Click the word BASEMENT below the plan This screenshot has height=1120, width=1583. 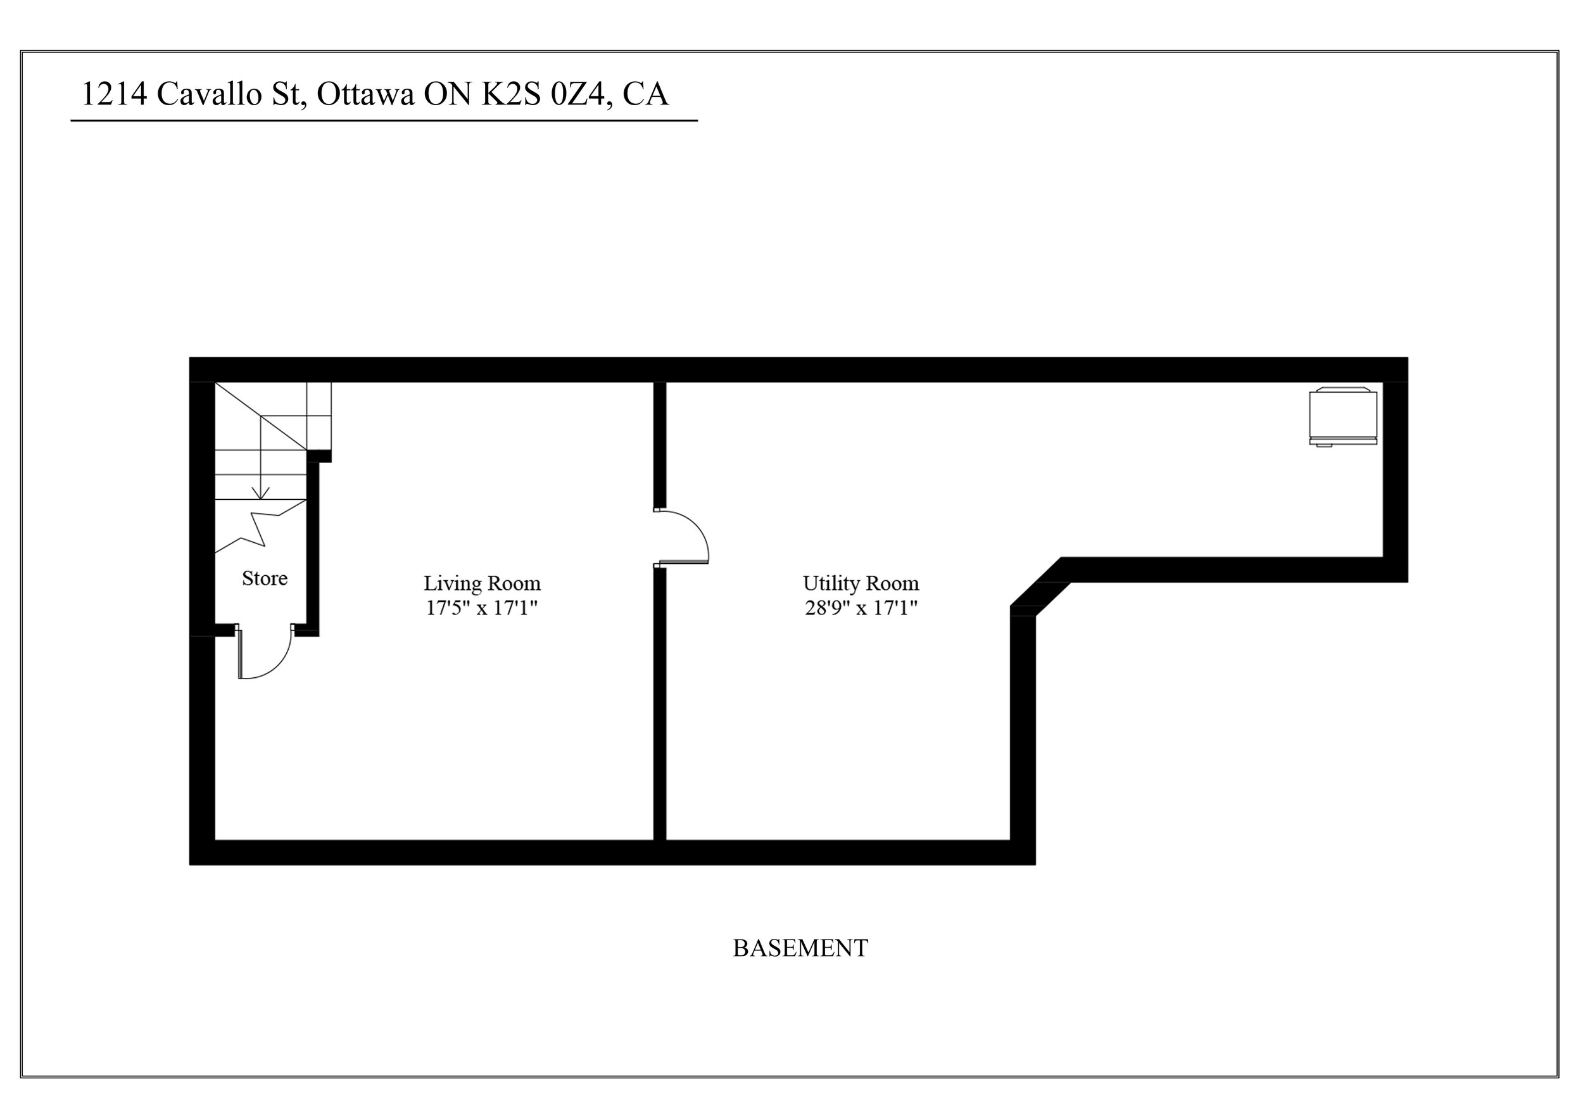(x=800, y=948)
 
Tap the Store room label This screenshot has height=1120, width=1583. (x=265, y=578)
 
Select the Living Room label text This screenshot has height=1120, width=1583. (x=482, y=583)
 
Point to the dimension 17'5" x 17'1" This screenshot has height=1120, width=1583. (x=482, y=608)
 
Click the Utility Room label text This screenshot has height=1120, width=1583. (x=861, y=583)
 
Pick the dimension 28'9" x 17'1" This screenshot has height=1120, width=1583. (x=861, y=608)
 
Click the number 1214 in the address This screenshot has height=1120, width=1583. (x=115, y=94)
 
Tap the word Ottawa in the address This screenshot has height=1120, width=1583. (x=365, y=94)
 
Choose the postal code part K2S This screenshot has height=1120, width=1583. (x=510, y=94)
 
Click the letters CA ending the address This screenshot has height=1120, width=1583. (x=645, y=94)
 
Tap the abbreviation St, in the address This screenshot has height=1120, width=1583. (x=288, y=94)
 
